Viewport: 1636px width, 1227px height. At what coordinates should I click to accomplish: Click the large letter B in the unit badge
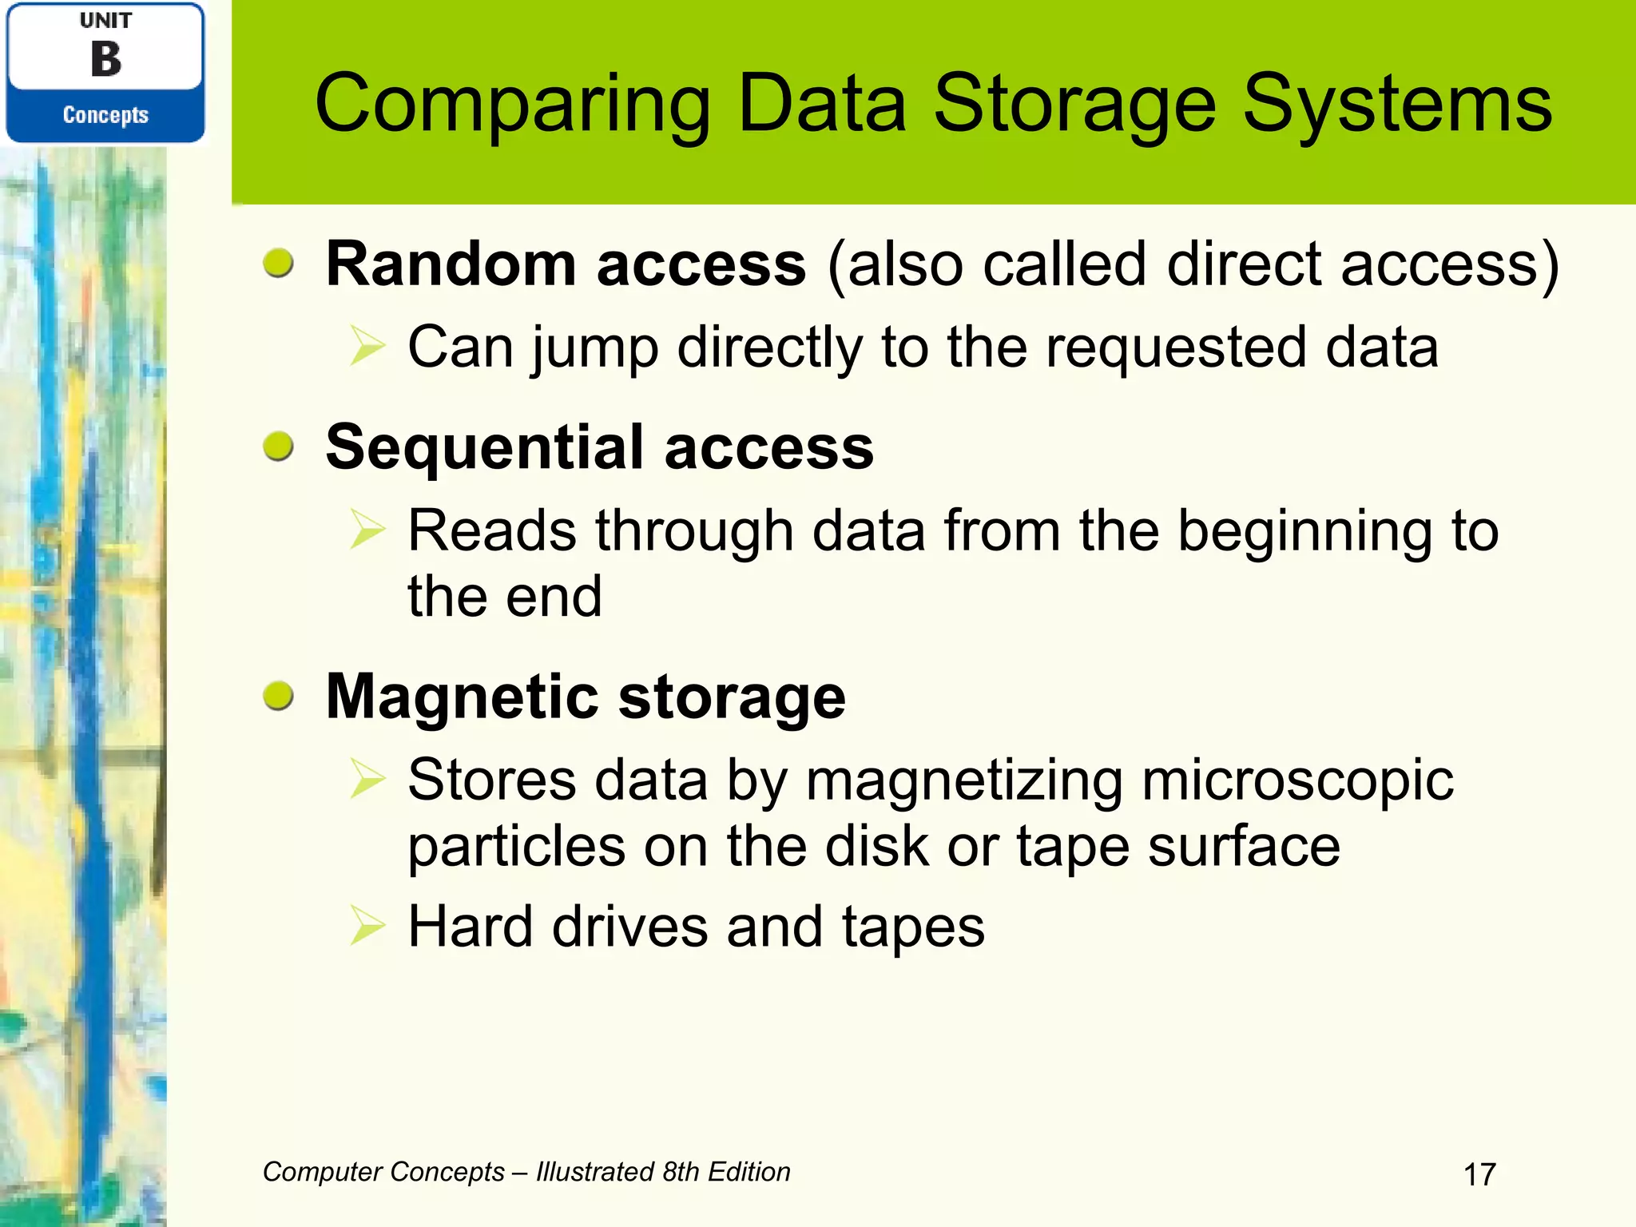tap(106, 60)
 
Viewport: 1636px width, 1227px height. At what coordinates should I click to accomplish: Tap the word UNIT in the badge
tap(105, 21)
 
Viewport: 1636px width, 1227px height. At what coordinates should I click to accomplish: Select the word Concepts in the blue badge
tap(105, 115)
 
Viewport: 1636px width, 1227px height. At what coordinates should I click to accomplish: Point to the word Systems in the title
tap(1397, 104)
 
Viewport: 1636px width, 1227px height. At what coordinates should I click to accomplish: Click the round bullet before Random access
tap(279, 263)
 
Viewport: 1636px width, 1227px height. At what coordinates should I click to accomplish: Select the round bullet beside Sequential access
tap(279, 447)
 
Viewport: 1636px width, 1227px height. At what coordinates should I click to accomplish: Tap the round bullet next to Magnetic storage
tap(279, 696)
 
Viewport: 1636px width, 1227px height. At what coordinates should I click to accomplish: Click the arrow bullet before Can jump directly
tap(368, 347)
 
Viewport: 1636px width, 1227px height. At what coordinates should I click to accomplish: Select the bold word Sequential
tap(484, 447)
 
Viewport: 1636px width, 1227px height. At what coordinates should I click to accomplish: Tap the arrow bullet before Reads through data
tap(368, 530)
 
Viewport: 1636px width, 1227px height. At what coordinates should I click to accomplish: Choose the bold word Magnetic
tap(462, 697)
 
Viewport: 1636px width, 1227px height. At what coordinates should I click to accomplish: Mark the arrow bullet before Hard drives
tap(368, 927)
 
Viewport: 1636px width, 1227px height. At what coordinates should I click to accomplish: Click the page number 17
tap(1479, 1174)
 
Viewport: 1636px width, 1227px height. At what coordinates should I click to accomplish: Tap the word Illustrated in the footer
tap(594, 1172)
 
